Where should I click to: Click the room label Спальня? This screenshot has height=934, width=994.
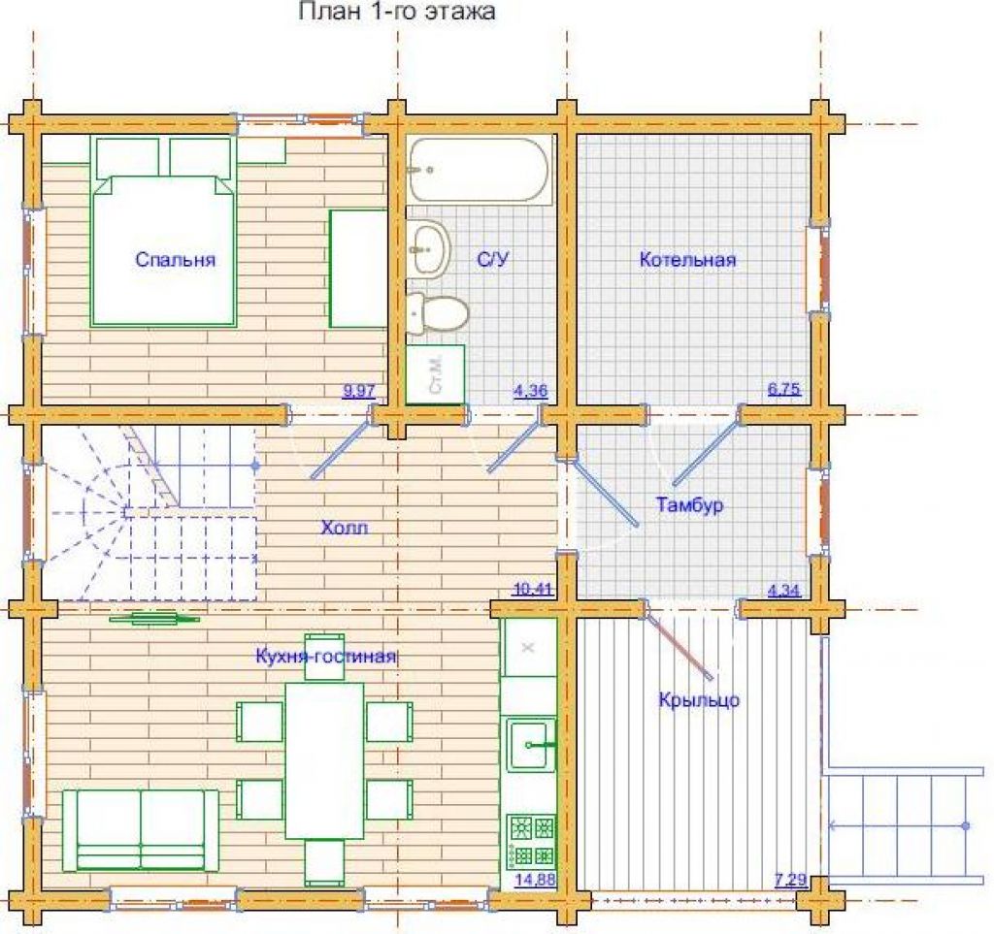(176, 260)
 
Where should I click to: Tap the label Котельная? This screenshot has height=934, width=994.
(688, 260)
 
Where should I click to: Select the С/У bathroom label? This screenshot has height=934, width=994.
(493, 260)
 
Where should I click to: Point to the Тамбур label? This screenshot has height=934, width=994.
(690, 505)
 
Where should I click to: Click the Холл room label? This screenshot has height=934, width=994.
(345, 528)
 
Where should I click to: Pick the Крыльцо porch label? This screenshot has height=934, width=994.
(699, 699)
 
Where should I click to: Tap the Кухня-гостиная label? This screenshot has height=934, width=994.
(326, 656)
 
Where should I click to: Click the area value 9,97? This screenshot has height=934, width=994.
(359, 391)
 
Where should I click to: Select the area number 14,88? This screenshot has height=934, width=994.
(535, 880)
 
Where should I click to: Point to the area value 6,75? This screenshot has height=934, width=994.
(784, 390)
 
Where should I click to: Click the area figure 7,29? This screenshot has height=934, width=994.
(790, 880)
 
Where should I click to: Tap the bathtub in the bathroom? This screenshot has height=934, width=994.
(480, 170)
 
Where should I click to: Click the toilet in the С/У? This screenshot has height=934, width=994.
(437, 313)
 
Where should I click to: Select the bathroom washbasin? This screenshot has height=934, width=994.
(428, 249)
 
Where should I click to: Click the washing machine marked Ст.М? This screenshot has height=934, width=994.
(436, 374)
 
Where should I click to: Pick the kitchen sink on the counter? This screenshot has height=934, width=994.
(531, 745)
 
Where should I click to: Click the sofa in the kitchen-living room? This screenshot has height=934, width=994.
(140, 830)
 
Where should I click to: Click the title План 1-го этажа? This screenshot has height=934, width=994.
(397, 11)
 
